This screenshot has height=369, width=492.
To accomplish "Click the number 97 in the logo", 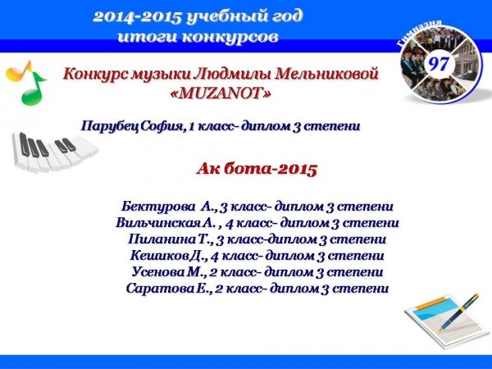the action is tap(439, 64).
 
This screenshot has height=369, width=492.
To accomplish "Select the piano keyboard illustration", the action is tap(53, 151).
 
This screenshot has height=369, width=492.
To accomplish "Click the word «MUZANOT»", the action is tap(221, 93).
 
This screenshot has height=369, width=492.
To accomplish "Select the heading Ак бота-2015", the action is tap(257, 169).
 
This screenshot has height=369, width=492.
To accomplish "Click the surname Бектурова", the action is tap(157, 207).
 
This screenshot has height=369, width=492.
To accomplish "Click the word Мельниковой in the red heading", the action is tap(327, 75).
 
